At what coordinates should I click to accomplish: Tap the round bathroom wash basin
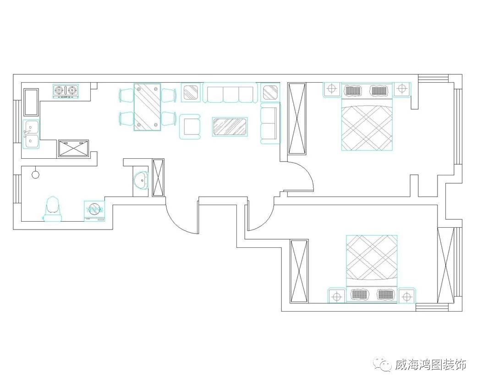[141, 180]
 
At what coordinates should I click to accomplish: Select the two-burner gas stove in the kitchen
[66, 91]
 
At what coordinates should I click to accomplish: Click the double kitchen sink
[31, 134]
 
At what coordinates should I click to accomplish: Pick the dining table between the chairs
[147, 107]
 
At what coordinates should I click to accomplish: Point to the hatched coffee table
[230, 126]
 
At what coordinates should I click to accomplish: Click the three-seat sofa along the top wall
[230, 93]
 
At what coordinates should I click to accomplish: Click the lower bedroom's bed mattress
[372, 259]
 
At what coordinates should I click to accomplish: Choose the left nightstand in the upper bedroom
[331, 89]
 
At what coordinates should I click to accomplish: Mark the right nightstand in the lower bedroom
[406, 296]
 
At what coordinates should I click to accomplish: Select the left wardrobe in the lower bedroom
[300, 271]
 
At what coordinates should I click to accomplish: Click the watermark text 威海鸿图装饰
[431, 365]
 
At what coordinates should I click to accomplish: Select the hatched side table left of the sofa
[191, 92]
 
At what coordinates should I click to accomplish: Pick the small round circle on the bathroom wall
[35, 174]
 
